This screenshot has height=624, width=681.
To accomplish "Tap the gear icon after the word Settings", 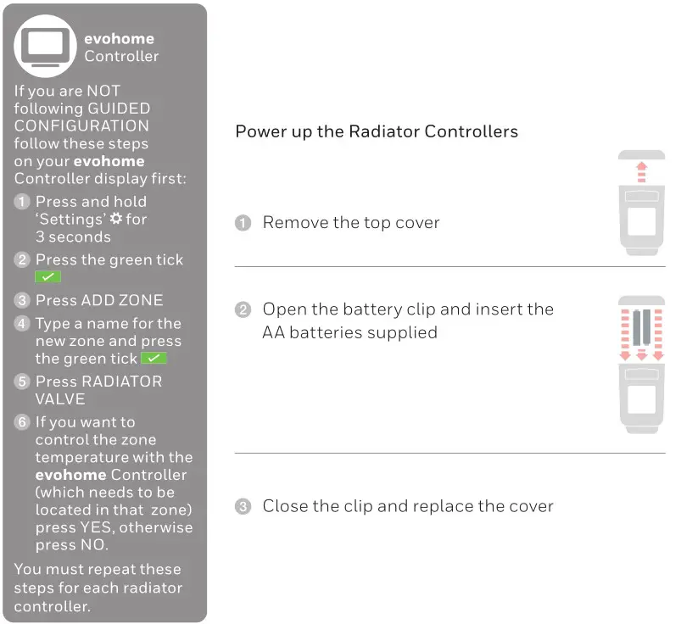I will (x=116, y=220).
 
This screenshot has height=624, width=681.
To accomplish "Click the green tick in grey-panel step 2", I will (x=47, y=277).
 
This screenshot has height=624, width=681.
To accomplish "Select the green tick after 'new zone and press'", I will (x=154, y=359).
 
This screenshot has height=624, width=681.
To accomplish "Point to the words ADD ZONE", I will (x=122, y=300).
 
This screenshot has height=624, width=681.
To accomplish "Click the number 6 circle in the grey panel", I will (x=22, y=422).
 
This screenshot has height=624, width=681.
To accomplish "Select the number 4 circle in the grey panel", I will (x=22, y=324).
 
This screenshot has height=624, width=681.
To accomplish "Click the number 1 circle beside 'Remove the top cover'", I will (x=243, y=223).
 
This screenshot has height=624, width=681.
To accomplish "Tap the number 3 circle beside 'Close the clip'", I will (x=243, y=507).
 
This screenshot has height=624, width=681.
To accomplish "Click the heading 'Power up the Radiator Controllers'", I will (x=376, y=131).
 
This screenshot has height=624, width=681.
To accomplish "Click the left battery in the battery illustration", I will (x=636, y=326).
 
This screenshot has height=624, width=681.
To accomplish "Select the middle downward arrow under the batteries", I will (x=642, y=355).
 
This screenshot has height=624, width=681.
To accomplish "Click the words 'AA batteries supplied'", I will (x=349, y=332).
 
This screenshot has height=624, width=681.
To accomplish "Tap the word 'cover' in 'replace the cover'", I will (x=527, y=506).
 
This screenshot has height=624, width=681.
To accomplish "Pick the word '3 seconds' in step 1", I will (x=73, y=237).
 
